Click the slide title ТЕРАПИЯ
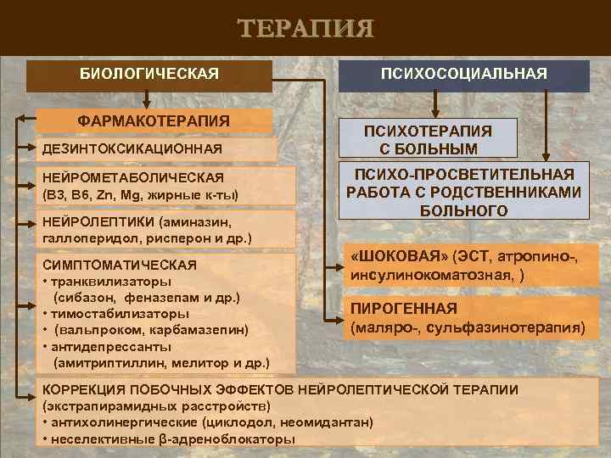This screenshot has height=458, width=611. tap(305, 29)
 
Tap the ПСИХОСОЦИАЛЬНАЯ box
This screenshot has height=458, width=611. tap(463, 75)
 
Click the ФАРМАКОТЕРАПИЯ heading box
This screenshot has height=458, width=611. tap(154, 120)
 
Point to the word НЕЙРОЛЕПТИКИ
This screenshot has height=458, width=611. tap(92, 221)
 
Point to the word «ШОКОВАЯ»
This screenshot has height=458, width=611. tap(399, 256)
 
